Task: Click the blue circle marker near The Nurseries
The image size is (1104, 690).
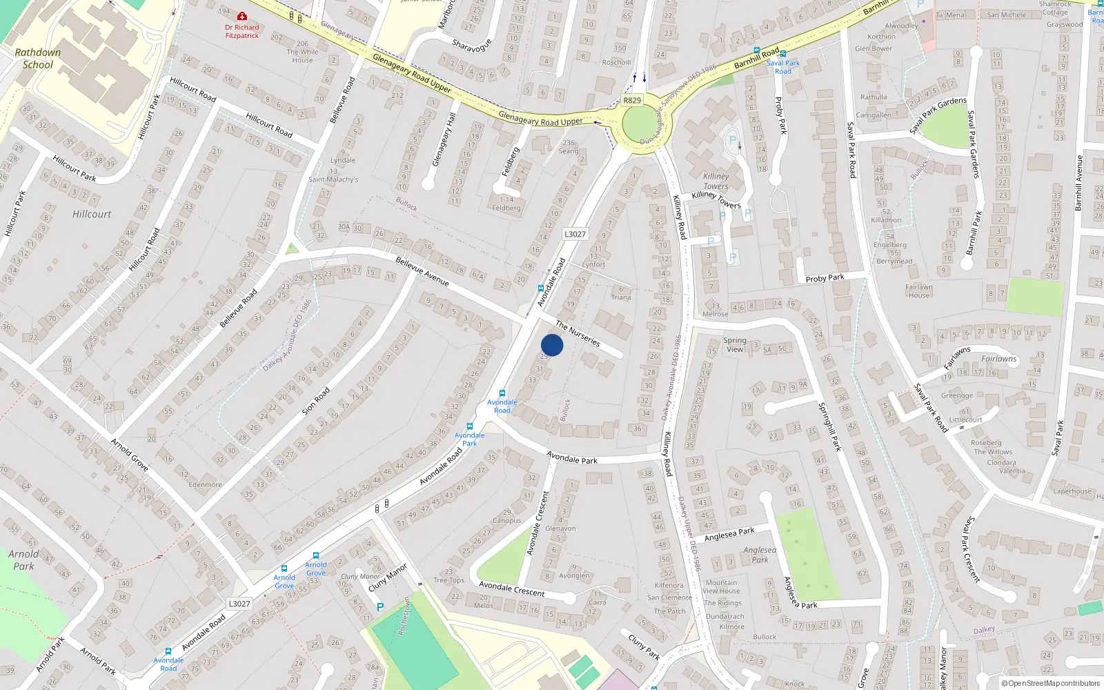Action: (552, 345)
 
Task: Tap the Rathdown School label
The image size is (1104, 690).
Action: (38, 59)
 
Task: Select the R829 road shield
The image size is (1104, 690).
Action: (632, 100)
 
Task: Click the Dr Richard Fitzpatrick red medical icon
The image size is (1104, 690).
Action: (242, 16)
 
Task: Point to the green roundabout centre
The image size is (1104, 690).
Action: (640, 125)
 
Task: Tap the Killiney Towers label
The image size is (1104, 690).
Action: (716, 181)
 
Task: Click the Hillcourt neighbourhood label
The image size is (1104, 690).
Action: (92, 215)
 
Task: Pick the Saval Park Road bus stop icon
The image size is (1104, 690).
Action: (783, 54)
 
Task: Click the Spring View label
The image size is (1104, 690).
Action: (735, 344)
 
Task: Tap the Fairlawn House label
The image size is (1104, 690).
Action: (919, 291)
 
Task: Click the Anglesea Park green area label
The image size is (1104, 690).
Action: (760, 555)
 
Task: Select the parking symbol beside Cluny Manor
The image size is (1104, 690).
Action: (379, 607)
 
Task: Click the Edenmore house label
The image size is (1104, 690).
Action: (206, 484)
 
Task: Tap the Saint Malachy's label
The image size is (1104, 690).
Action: (333, 179)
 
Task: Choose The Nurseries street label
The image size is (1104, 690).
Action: (578, 334)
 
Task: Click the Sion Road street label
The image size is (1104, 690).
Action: (317, 401)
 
